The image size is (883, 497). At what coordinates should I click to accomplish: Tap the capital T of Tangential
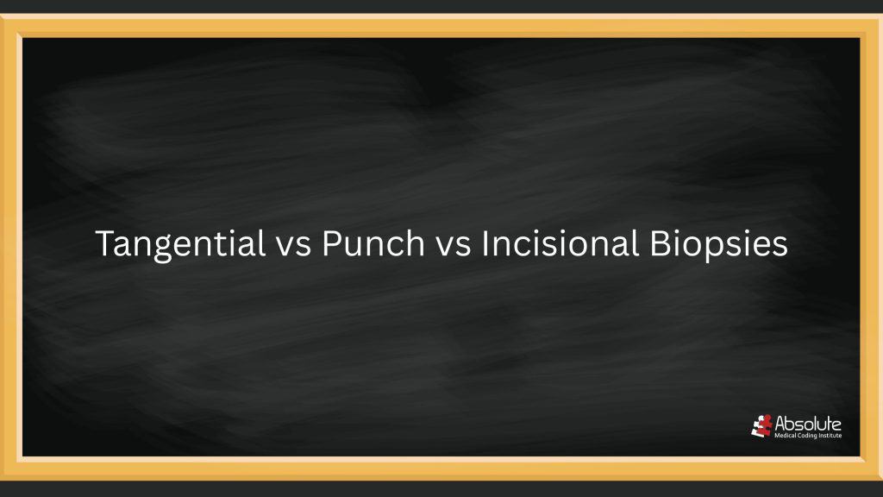pyautogui.click(x=103, y=243)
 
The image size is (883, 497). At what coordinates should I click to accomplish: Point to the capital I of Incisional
pyautogui.click(x=485, y=243)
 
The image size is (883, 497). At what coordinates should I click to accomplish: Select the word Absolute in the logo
pyautogui.click(x=809, y=424)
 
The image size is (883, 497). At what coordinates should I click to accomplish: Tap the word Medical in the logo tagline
pyautogui.click(x=787, y=436)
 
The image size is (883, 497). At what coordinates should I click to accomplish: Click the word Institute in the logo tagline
pyautogui.click(x=830, y=436)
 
